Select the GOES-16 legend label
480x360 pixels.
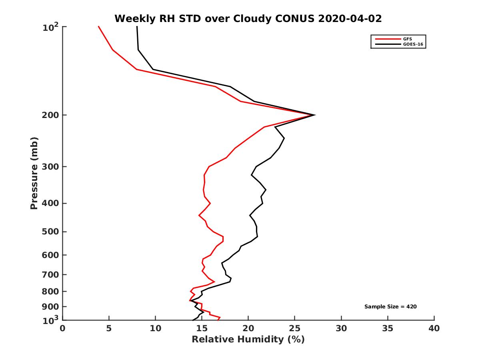click(x=412, y=44)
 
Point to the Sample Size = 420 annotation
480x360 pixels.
click(x=390, y=307)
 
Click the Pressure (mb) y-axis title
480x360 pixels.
click(x=34, y=173)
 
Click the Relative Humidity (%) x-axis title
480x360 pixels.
click(x=248, y=340)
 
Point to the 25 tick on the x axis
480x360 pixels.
click(x=295, y=328)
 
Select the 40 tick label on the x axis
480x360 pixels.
click(x=434, y=328)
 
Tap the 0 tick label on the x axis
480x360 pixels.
click(x=63, y=328)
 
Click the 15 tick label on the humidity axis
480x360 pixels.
click(x=202, y=328)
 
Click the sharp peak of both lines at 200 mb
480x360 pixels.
click(x=314, y=115)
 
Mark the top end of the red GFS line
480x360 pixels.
click(x=98, y=27)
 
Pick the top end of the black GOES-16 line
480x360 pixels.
click(x=137, y=27)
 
